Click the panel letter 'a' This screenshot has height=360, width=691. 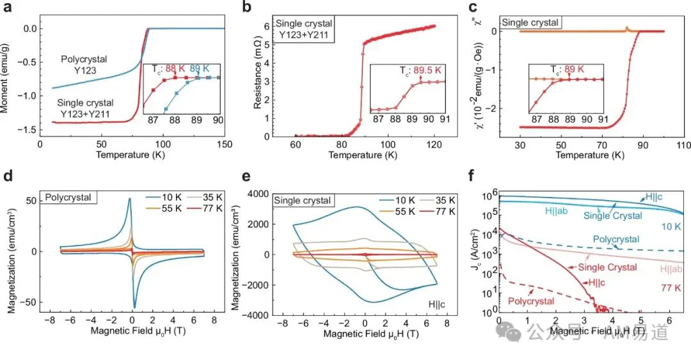(x=8, y=7)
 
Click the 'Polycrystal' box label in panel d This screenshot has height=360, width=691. (x=68, y=198)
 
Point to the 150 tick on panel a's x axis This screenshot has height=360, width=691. (x=225, y=144)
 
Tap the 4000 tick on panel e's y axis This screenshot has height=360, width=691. (x=257, y=194)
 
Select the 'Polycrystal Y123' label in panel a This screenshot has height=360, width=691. (x=84, y=65)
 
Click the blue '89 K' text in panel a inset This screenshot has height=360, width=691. (x=200, y=69)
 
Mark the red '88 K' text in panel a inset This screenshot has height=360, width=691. (x=175, y=69)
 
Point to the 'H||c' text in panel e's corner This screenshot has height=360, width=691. (x=436, y=304)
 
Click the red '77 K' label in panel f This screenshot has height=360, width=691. (x=671, y=288)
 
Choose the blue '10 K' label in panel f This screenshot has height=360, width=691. (x=671, y=226)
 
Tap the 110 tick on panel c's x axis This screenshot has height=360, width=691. (x=683, y=145)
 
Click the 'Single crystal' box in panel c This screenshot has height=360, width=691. (x=530, y=22)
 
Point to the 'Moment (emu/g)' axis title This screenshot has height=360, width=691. (x=5, y=78)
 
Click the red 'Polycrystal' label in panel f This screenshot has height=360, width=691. (x=531, y=301)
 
